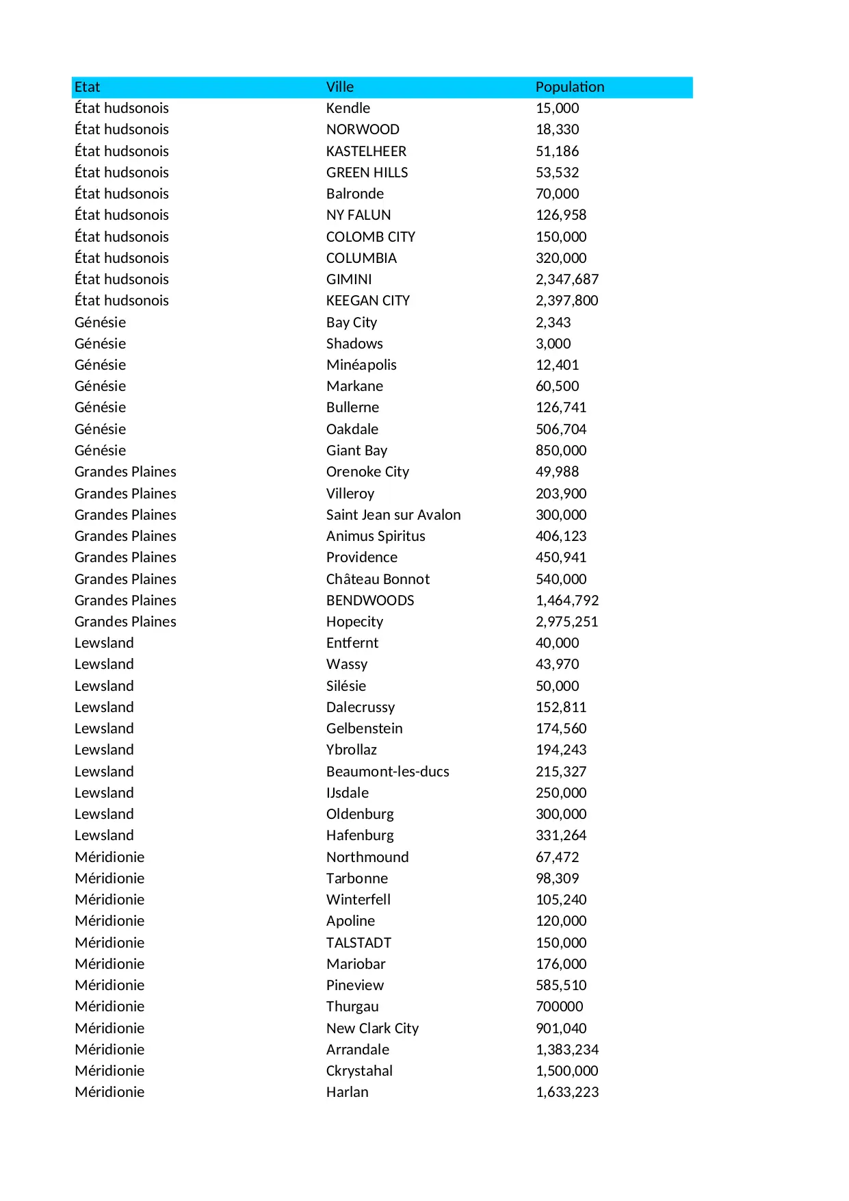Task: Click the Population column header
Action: click(x=569, y=87)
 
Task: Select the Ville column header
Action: click(x=339, y=87)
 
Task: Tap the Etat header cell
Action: click(x=87, y=87)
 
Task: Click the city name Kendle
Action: click(x=348, y=108)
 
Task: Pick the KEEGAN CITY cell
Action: click(x=367, y=301)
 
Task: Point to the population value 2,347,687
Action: click(x=566, y=279)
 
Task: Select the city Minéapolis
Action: click(x=361, y=365)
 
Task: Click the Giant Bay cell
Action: click(x=356, y=451)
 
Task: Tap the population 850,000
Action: click(x=560, y=451)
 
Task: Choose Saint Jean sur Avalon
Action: click(x=393, y=515)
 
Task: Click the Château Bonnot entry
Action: click(x=378, y=579)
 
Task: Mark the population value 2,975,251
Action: click(x=566, y=622)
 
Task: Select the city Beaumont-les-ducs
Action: click(x=387, y=772)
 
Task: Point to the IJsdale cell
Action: click(x=347, y=793)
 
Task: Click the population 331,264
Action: click(x=560, y=835)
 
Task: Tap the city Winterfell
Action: click(x=358, y=900)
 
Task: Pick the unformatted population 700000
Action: click(x=559, y=1007)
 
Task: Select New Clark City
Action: click(x=372, y=1028)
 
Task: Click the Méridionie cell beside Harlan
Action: click(x=109, y=1092)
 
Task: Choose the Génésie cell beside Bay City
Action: click(x=100, y=323)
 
